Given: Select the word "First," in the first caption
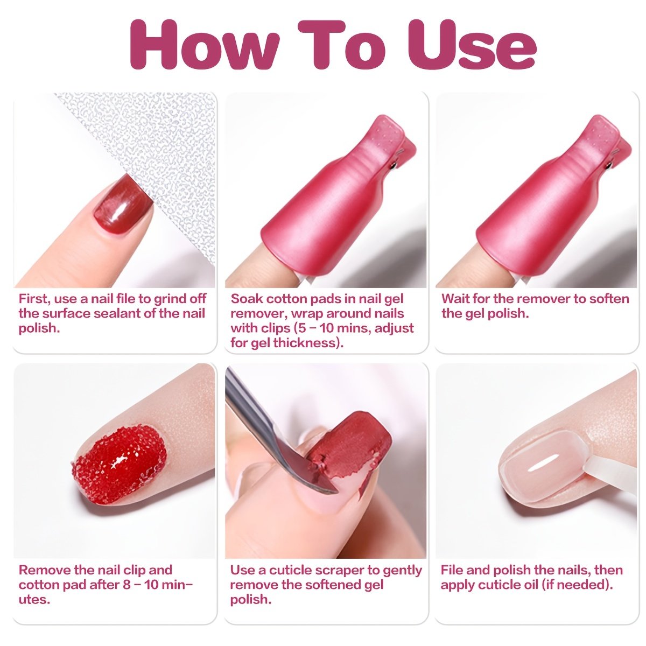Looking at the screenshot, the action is [x=34, y=299].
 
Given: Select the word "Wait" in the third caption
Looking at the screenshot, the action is [x=455, y=298].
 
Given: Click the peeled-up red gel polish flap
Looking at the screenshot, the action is [x=350, y=446].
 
